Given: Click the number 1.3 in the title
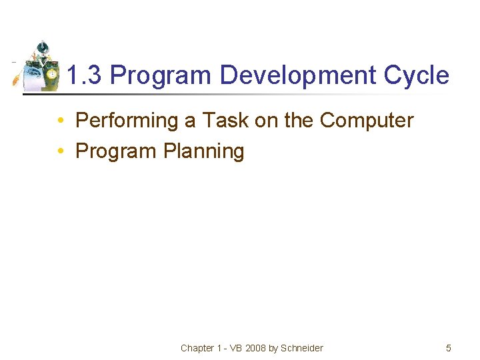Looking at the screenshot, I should pyautogui.click(x=85, y=75).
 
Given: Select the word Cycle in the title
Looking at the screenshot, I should pyautogui.click(x=417, y=75).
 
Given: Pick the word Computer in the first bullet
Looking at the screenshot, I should pyautogui.click(x=367, y=121).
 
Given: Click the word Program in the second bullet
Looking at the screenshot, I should pyautogui.click(x=117, y=151).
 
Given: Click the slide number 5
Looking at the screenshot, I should pyautogui.click(x=449, y=348).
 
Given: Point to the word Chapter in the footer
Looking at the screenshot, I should pyautogui.click(x=197, y=348).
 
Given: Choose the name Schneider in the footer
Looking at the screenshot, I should pyautogui.click(x=301, y=348).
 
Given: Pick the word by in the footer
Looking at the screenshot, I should pyautogui.click(x=273, y=348).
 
